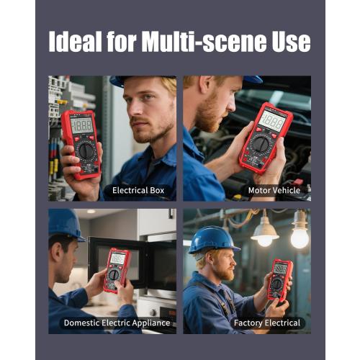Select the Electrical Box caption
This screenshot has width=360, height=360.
(x=138, y=191)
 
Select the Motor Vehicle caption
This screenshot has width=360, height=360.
(x=274, y=191)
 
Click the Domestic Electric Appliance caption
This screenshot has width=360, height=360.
(x=116, y=323)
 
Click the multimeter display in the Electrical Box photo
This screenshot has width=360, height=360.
(x=81, y=125)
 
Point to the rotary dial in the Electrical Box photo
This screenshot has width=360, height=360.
(x=86, y=150)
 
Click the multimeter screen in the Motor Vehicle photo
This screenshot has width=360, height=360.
(x=271, y=121)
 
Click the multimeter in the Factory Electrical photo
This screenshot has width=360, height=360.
(x=279, y=279)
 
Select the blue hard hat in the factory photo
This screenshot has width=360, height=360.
(x=214, y=238)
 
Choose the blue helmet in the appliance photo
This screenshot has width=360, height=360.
(x=66, y=224)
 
